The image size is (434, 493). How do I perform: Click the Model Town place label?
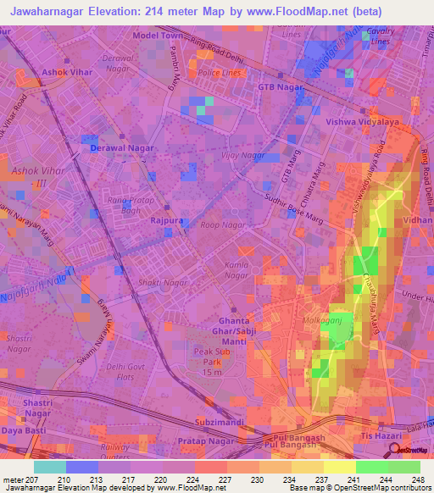tap(158, 36)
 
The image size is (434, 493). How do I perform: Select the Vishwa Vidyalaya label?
tap(355, 121)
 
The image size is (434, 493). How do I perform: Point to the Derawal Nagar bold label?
tap(122, 148)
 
